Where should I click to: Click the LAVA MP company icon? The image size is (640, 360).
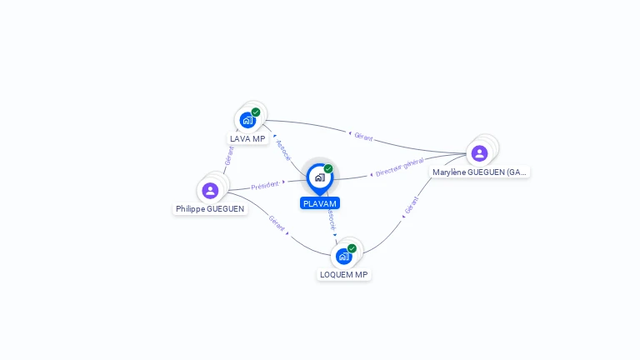[x=247, y=120]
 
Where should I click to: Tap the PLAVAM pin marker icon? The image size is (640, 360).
[x=320, y=179]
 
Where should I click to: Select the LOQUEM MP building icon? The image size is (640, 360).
[x=343, y=257]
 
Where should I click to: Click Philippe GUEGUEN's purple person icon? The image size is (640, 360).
[x=210, y=191]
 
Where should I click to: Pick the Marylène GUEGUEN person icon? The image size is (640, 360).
[x=480, y=153]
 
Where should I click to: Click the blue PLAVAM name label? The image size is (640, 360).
[x=320, y=203]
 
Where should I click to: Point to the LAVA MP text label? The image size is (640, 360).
[x=247, y=139]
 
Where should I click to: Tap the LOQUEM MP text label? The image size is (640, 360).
[x=343, y=275]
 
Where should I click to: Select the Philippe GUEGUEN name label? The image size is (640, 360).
[x=210, y=209]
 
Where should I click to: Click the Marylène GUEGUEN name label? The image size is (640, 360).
[x=480, y=172]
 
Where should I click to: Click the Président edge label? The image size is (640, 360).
[x=265, y=186]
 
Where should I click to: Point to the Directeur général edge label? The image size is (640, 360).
[x=400, y=167]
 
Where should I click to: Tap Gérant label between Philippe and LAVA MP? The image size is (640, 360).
[x=229, y=156]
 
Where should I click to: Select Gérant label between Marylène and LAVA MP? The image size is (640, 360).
[x=363, y=137]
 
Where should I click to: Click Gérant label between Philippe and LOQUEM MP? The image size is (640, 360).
[x=277, y=223]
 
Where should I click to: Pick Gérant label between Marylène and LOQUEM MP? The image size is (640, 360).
[x=412, y=205]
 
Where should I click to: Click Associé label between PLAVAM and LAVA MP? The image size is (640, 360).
[x=283, y=150]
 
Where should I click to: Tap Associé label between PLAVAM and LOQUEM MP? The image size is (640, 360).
[x=332, y=220]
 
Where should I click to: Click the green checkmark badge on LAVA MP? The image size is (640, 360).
[x=256, y=112]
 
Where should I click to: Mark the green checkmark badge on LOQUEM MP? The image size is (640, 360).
[x=352, y=248]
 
